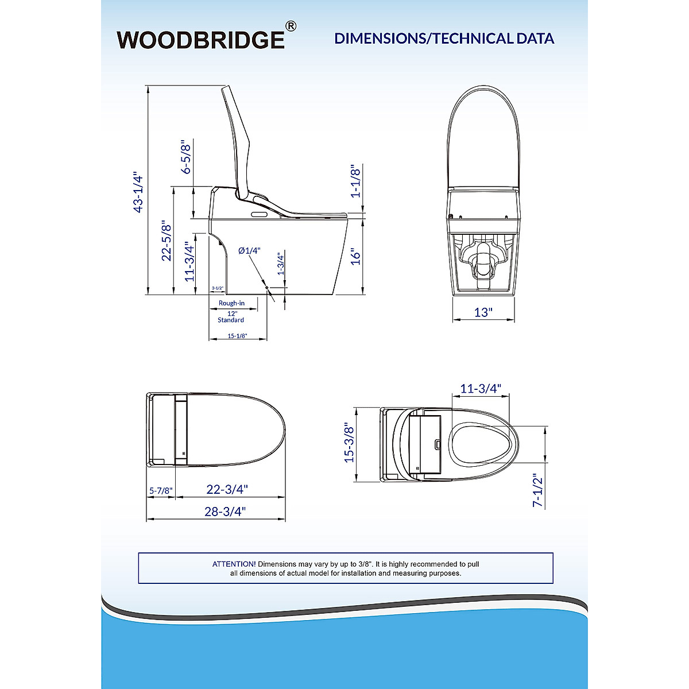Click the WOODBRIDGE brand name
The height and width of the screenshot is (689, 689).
pos(200,39)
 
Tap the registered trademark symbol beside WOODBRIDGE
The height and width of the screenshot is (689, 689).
pos(291,26)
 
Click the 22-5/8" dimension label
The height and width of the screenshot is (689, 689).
pos(167,241)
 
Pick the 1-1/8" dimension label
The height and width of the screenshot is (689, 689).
pos(355,181)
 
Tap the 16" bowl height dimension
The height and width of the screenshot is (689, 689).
pos(356,256)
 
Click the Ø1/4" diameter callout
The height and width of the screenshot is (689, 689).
pos(250,250)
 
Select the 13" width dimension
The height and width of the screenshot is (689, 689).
pos(483,312)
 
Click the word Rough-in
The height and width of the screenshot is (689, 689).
pos(231,303)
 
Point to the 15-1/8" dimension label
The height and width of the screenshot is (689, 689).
pos(237,336)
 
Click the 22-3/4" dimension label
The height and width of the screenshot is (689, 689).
pos(227,490)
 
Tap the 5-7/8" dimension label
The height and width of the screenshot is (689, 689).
pos(161,491)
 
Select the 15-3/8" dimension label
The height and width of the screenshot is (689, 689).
pos(349,443)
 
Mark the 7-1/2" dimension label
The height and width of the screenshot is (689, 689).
pos(537,490)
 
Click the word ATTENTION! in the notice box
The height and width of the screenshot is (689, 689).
pos(234,564)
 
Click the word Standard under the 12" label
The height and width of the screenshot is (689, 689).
pos(231,320)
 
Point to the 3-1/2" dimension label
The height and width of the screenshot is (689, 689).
pos(217,288)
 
